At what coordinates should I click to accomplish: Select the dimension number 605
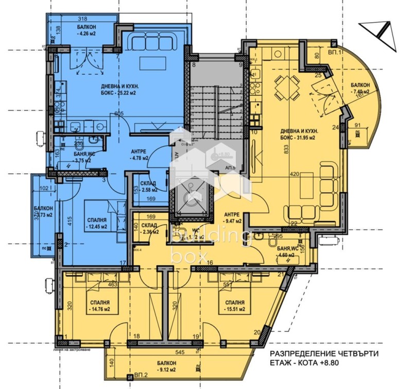119,114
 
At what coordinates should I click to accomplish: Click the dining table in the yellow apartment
286,87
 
